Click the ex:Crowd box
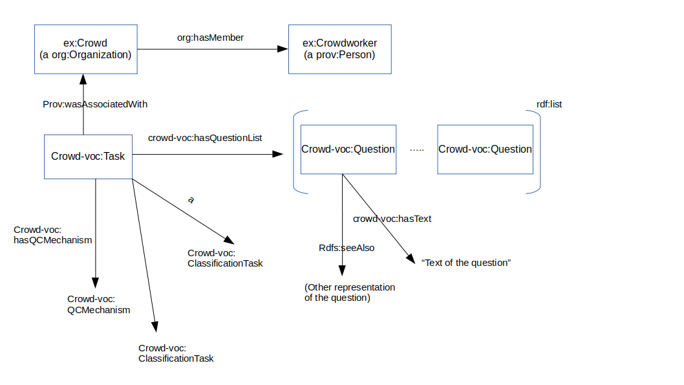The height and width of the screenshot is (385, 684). click(85, 49)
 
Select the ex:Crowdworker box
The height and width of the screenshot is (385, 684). click(339, 49)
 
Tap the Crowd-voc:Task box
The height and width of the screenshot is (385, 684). click(88, 157)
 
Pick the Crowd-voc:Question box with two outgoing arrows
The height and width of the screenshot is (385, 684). click(348, 149)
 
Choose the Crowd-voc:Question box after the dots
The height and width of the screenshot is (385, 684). click(485, 149)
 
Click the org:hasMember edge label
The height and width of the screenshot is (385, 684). click(210, 38)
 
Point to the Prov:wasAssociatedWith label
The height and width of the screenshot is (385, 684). click(91, 104)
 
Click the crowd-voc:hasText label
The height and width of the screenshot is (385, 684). click(392, 219)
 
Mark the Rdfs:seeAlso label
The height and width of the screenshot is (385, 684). click(347, 248)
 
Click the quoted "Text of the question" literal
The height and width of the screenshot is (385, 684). click(466, 263)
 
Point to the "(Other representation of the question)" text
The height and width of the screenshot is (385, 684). click(349, 292)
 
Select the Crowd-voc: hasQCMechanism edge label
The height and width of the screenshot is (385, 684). click(52, 235)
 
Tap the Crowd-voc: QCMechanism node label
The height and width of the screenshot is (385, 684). click(98, 304)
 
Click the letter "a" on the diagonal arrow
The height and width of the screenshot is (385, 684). click(191, 200)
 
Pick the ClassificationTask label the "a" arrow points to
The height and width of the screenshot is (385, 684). click(225, 258)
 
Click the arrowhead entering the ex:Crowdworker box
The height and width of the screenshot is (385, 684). click(283, 49)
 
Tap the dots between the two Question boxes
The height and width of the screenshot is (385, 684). click(417, 150)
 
